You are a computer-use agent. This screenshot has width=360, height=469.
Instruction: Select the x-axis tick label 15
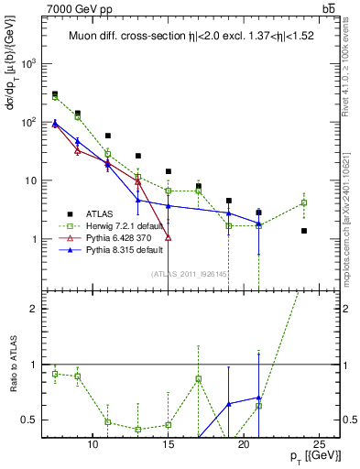pyautogui.click(x=169, y=446)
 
